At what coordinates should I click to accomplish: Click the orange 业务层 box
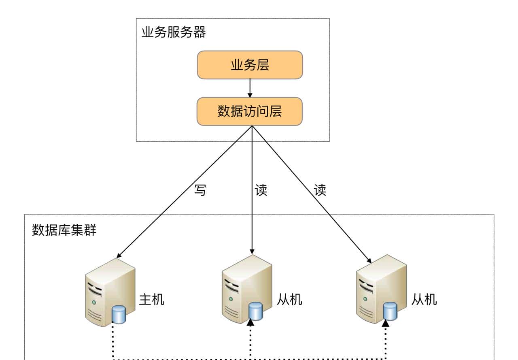point(250,65)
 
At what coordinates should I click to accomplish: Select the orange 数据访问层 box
point(250,111)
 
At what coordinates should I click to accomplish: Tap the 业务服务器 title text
point(174,32)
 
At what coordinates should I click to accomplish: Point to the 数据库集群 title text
point(64,230)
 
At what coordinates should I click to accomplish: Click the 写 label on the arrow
point(200,190)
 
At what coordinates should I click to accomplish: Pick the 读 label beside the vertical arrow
point(261,190)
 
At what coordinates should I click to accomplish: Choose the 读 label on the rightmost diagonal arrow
point(320,190)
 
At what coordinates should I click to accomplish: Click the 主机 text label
point(152,300)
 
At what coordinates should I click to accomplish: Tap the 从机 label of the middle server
point(290,300)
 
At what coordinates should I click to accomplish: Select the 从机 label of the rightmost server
point(424,300)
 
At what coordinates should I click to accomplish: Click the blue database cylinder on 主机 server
point(119,315)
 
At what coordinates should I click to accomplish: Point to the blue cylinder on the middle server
point(256,311)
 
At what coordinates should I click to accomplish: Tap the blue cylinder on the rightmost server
point(390,311)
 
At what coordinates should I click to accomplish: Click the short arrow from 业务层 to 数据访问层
point(250,88)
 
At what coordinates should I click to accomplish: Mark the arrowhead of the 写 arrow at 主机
point(119,256)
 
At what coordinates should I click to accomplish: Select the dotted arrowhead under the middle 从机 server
point(251,322)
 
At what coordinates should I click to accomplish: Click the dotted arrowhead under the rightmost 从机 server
point(385,322)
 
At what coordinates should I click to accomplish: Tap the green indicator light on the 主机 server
point(94,302)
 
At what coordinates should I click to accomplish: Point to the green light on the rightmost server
point(365,299)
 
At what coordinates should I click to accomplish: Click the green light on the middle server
point(231,299)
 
